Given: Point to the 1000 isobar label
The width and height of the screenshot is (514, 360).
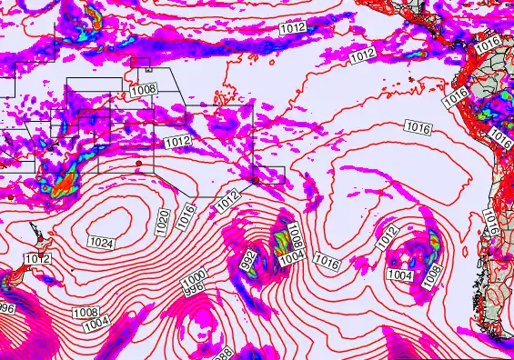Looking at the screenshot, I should pyautogui.click(x=193, y=278).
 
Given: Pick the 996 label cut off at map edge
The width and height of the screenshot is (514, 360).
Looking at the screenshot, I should pyautogui.click(x=7, y=309).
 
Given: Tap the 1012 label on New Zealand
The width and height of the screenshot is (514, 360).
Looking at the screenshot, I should pyautogui.click(x=37, y=260).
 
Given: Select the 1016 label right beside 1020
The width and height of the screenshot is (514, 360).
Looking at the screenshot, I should pyautogui.click(x=186, y=214).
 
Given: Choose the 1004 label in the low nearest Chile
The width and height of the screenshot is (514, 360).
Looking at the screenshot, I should pyautogui.click(x=400, y=275).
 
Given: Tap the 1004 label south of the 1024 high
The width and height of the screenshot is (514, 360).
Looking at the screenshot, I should pyautogui.click(x=96, y=324).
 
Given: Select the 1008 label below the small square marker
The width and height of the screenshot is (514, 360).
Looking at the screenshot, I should pyautogui.click(x=143, y=89).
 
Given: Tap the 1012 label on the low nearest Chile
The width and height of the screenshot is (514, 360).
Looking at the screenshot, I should pyautogui.click(x=388, y=235).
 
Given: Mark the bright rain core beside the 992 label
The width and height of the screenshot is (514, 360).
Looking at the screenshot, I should pyautogui.click(x=276, y=244).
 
